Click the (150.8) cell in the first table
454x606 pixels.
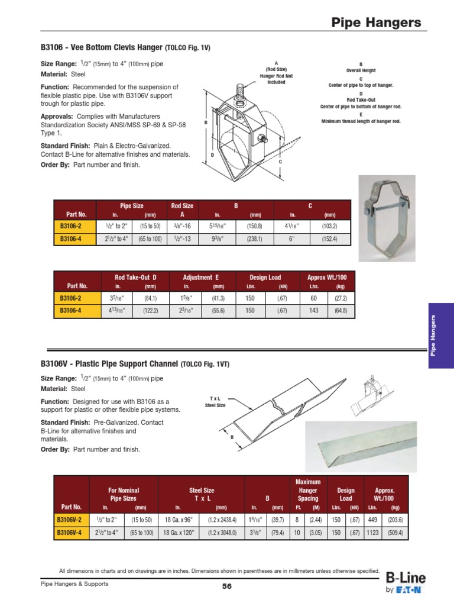click(x=255, y=225)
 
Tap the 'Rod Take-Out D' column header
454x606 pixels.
click(x=136, y=277)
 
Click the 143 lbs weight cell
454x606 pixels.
click(x=314, y=310)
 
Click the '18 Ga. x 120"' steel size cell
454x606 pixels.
click(x=178, y=533)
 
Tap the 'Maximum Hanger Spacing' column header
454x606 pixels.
click(x=307, y=491)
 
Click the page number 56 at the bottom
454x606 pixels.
click(x=227, y=586)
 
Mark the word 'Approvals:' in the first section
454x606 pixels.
click(x=57, y=117)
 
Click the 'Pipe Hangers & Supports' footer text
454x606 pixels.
click(x=74, y=584)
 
